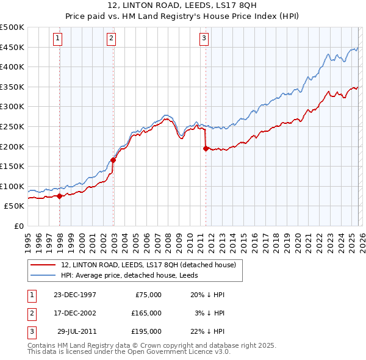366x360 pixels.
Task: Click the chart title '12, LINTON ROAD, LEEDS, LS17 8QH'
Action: point(182,5)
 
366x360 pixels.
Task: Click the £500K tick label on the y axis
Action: point(12,27)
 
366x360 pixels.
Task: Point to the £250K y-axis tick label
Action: point(12,126)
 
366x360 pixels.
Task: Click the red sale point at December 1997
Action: point(60,196)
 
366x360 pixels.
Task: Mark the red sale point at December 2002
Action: point(113,160)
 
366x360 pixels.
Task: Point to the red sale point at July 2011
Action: point(206,148)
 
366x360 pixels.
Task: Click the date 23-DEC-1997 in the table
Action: point(74,294)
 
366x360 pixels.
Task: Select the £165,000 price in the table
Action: point(146,312)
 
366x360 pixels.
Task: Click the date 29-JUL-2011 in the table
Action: point(76,331)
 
